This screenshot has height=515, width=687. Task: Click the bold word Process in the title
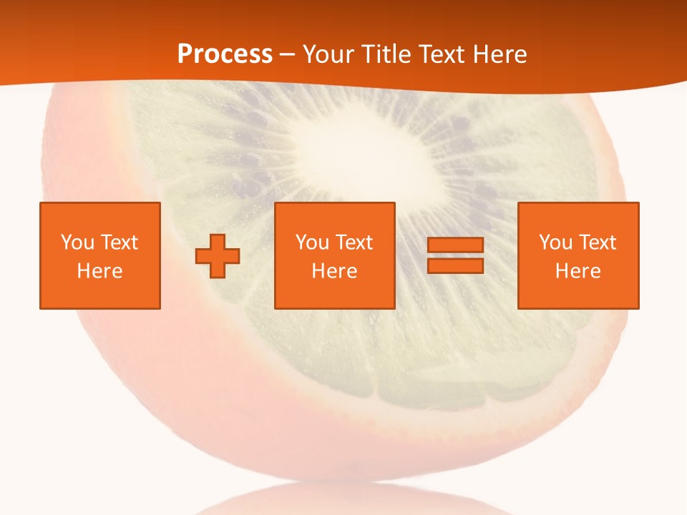tap(225, 54)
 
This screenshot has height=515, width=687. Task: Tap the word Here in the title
tap(498, 54)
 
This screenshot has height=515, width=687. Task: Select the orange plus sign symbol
tap(218, 256)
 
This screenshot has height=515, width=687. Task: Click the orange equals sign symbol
tap(455, 256)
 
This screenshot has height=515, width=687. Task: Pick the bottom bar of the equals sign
tap(455, 266)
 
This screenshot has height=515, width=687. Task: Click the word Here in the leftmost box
tap(100, 271)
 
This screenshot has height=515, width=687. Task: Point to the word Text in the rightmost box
tap(597, 242)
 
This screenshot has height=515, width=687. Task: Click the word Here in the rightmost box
tap(578, 271)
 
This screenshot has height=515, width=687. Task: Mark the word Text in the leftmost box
tap(119, 242)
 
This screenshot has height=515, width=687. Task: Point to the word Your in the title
tap(327, 54)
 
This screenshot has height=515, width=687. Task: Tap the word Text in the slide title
tap(440, 54)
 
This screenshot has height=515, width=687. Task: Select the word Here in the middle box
tap(335, 271)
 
